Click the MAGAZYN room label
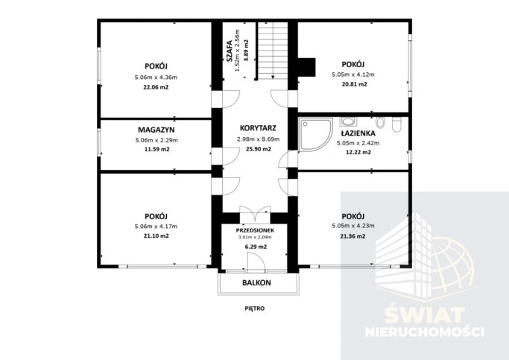pos(157,130)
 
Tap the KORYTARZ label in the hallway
pos(258,128)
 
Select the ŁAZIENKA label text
pos(358,133)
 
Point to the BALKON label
pos(256,282)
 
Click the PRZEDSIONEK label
pos(255,230)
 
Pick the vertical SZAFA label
pos(230,51)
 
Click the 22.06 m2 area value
pos(156,87)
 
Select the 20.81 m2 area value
pos(354,84)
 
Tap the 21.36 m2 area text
pos(352,236)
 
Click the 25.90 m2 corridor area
pos(258,149)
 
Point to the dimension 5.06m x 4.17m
pos(156,227)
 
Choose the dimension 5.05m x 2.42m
pos(358,143)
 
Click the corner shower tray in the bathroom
pos(315,135)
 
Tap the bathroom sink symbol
pos(348,121)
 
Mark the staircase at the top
pos(273,51)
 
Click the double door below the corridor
pos(255,213)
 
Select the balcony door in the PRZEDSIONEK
pos(256,262)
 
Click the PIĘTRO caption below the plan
pos(255,309)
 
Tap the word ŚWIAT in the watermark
pos(425,315)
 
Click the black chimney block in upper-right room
pos(306,68)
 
